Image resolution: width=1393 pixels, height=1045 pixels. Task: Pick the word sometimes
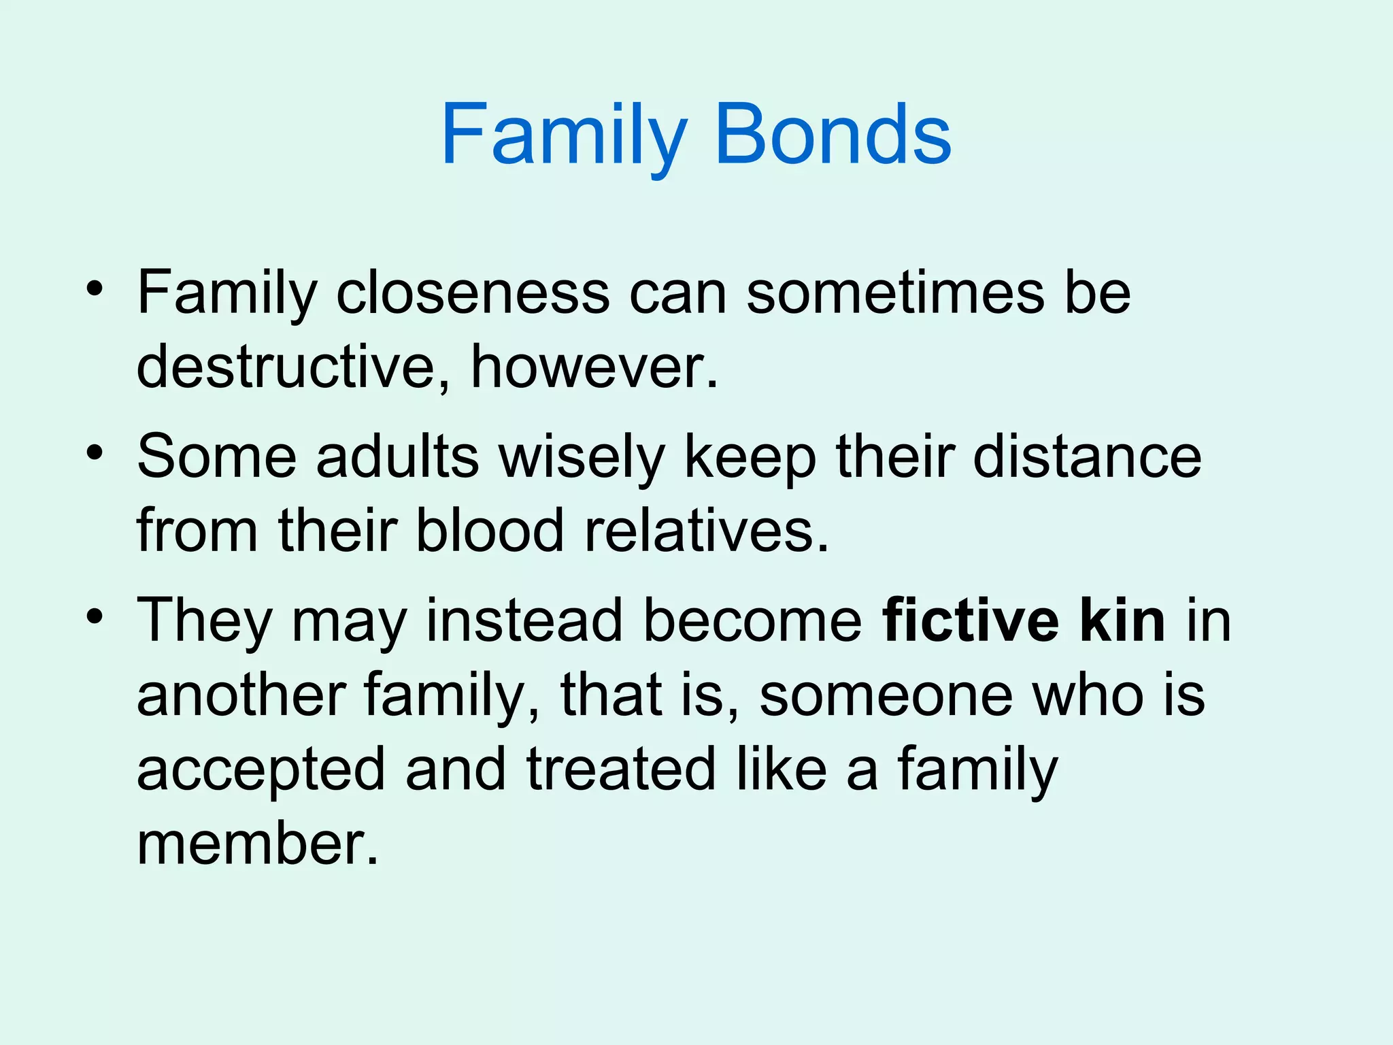tap(895, 293)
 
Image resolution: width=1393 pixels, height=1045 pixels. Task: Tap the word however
tap(592, 367)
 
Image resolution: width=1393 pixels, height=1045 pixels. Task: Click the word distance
tap(1087, 457)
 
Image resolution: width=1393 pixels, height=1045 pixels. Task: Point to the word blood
tap(490, 531)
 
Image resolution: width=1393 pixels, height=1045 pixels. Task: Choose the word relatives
tap(707, 531)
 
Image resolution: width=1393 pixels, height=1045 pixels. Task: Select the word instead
tap(524, 620)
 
